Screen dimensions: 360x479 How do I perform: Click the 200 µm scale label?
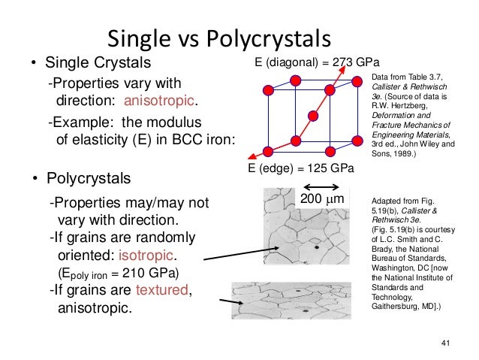click(x=321, y=199)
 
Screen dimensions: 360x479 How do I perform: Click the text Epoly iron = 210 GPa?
click(x=119, y=272)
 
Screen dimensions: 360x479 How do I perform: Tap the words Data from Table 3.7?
click(x=404, y=78)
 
